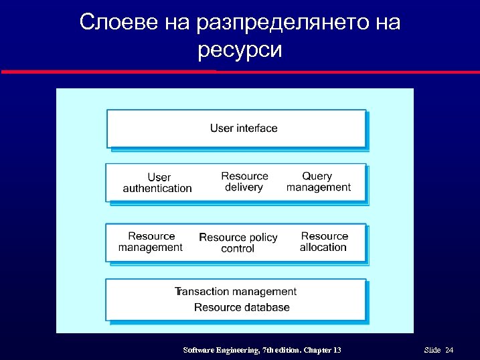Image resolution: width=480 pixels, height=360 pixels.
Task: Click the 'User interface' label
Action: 244,128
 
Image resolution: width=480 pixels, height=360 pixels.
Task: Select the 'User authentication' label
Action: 157,183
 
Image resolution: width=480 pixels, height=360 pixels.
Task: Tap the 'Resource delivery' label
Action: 244,181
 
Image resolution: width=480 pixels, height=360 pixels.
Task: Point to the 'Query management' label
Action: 318,181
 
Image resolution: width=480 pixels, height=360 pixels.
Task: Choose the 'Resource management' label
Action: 151,242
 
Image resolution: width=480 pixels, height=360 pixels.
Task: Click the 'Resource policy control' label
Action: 238,243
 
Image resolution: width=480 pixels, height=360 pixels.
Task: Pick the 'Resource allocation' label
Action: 324,242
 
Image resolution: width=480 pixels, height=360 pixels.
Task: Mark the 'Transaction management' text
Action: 236,291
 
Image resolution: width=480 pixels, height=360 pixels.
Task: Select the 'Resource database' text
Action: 242,307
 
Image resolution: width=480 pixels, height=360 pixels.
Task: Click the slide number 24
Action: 449,351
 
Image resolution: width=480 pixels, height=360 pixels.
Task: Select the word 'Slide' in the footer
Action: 432,351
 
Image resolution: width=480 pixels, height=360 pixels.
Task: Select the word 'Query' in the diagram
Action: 317,176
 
